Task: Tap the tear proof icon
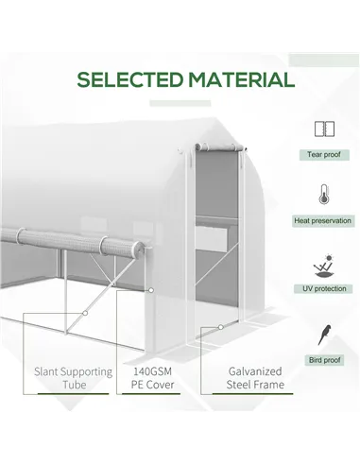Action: [x=324, y=129]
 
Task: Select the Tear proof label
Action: [x=324, y=154]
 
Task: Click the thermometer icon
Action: [x=324, y=197]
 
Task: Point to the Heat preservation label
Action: [x=324, y=221]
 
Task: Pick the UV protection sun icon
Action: [x=324, y=262]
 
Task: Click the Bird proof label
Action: [x=324, y=360]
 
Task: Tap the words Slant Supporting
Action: [x=75, y=371]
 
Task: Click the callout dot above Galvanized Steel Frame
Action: [x=220, y=327]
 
